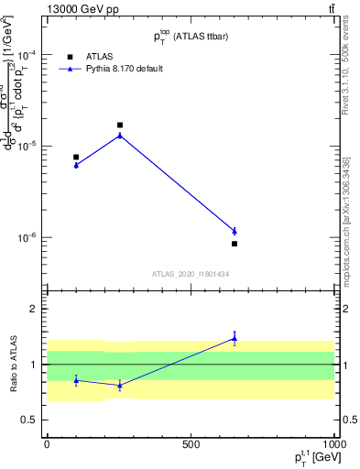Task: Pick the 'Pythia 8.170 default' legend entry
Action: [125, 69]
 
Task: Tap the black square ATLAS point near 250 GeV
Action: [119, 125]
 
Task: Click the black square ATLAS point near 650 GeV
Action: [235, 244]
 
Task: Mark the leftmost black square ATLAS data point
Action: [76, 157]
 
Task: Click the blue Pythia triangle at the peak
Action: [119, 136]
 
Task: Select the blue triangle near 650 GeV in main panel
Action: [235, 231]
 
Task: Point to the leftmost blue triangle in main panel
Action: [76, 165]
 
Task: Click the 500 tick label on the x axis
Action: [191, 444]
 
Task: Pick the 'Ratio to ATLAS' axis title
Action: [13, 364]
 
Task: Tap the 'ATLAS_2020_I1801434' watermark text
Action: [190, 274]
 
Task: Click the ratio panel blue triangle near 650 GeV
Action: [235, 339]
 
